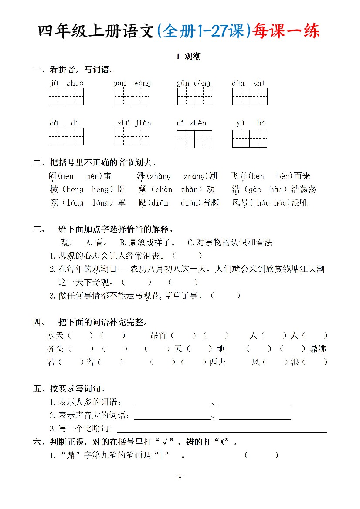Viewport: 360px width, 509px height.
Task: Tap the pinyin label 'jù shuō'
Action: pos(66,83)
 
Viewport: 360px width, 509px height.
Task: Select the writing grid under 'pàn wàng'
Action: pos(132,96)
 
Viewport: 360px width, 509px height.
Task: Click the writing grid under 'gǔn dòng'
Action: pos(194,96)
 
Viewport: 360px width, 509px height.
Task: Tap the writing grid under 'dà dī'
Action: pos(66,136)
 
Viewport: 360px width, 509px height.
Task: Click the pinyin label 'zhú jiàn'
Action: pos(134,123)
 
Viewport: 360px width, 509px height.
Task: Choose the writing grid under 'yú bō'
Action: pos(249,138)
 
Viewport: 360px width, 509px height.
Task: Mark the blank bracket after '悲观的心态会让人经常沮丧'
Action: pos(187,256)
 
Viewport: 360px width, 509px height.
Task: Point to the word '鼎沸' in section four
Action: pos(318,349)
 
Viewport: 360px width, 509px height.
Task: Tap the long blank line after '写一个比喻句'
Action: pos(222,431)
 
